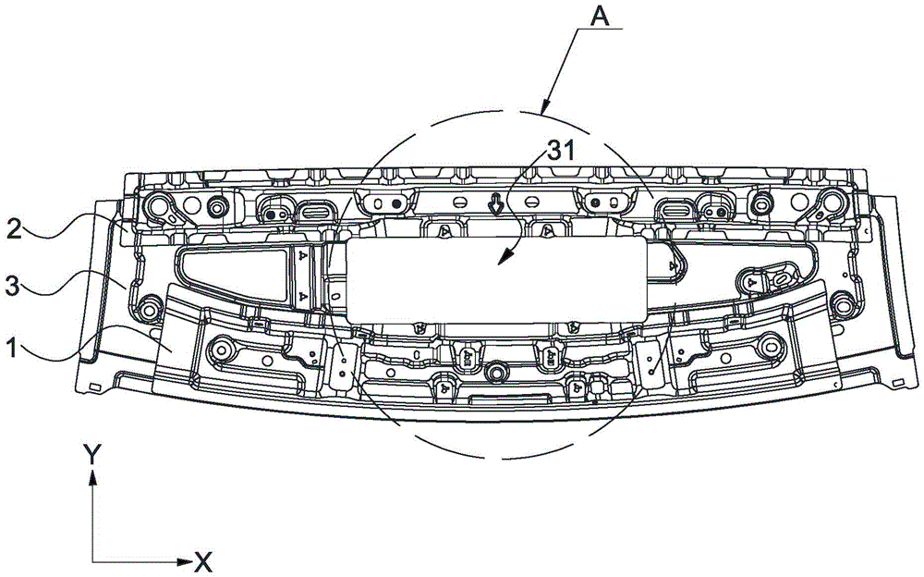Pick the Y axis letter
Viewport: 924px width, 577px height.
91,455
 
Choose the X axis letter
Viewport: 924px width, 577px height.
203,562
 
